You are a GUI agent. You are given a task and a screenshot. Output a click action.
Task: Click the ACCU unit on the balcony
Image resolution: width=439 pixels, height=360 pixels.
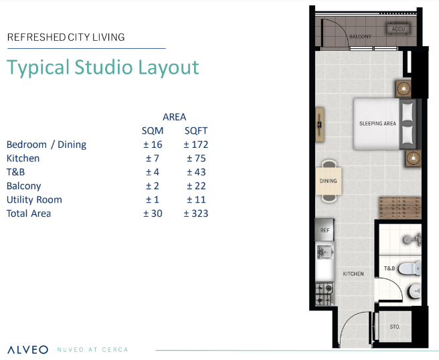(x=398, y=29)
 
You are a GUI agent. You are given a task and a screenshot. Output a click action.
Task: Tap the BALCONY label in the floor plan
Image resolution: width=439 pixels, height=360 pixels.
(x=360, y=37)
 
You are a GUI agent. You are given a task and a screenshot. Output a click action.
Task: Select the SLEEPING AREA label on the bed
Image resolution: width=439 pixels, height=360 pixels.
(x=377, y=123)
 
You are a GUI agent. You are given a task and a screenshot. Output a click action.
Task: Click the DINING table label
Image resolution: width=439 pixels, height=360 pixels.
(x=328, y=181)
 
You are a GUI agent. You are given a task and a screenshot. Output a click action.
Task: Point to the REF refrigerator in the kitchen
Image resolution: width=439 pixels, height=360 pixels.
(x=325, y=230)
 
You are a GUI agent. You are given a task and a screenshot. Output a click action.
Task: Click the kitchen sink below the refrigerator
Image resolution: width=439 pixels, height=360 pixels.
(x=325, y=252)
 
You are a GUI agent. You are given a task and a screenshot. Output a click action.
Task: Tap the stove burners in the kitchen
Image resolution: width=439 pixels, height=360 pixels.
(x=325, y=294)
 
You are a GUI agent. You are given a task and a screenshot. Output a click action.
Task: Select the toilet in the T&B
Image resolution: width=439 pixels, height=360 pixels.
(x=410, y=268)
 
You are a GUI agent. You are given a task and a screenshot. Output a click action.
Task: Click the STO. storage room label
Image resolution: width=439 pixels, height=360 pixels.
(x=395, y=327)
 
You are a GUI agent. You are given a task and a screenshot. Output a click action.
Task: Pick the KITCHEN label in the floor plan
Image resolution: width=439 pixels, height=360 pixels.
(x=353, y=274)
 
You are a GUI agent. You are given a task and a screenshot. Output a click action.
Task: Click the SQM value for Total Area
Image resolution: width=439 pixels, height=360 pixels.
(x=153, y=213)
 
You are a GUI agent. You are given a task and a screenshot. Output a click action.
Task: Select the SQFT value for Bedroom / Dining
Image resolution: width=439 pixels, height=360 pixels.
(x=196, y=145)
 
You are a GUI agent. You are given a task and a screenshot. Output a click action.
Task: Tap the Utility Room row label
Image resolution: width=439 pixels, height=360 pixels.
(x=34, y=200)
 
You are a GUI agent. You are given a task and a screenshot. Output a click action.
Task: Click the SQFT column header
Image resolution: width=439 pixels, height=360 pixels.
(x=196, y=130)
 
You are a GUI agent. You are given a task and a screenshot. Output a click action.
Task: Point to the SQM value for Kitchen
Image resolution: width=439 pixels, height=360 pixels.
(x=153, y=159)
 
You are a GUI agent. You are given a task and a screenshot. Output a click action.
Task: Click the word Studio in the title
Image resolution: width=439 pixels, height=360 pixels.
(x=104, y=67)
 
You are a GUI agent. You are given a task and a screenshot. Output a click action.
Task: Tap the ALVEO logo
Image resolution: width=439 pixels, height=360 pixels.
(x=28, y=350)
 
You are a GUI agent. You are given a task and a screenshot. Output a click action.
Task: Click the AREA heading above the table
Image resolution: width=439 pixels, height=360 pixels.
(x=175, y=117)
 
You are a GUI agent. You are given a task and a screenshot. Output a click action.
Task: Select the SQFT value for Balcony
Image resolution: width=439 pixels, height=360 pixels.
(x=196, y=186)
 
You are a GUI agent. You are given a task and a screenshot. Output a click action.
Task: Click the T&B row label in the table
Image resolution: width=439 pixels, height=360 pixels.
(x=15, y=172)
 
